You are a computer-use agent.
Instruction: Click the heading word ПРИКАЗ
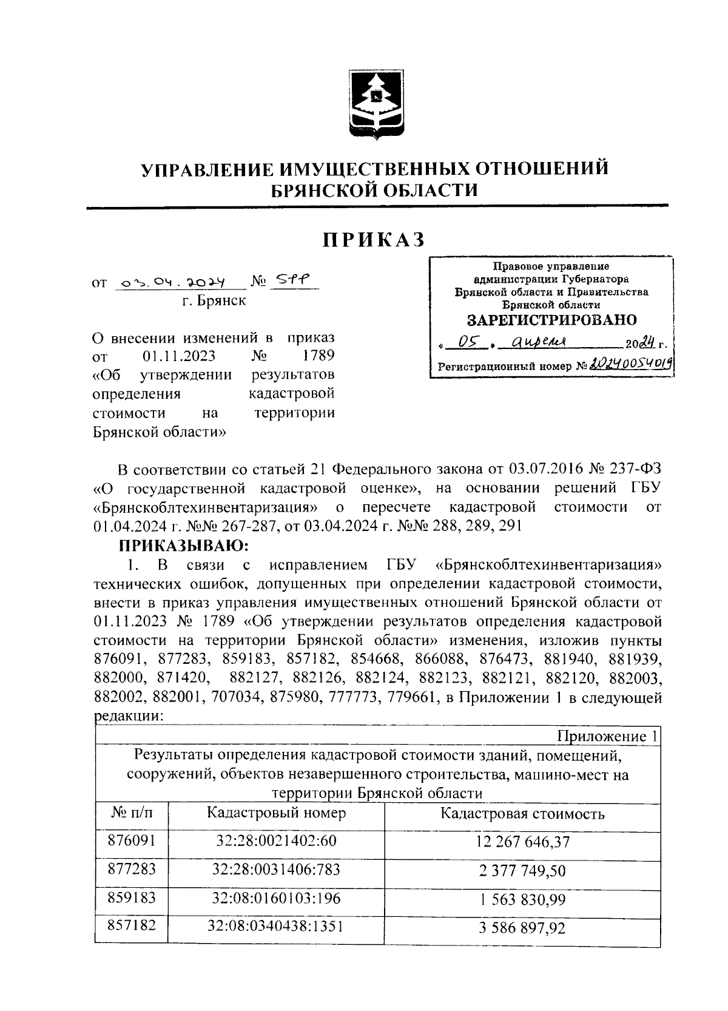pyautogui.click(x=374, y=240)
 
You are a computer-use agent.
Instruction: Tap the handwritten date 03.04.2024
pyautogui.click(x=172, y=283)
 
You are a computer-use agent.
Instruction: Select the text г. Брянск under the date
pyautogui.click(x=214, y=300)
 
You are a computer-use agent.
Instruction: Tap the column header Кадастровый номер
pyautogui.click(x=276, y=813)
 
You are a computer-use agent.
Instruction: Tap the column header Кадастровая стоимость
pyautogui.click(x=522, y=814)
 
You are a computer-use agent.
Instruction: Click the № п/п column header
pyautogui.click(x=132, y=813)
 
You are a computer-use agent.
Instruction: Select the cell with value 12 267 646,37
pyautogui.click(x=522, y=842)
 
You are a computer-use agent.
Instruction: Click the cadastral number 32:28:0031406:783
pyautogui.click(x=276, y=870)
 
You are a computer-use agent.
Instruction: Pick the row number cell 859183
pyautogui.click(x=132, y=898)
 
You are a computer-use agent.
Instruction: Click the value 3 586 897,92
pyautogui.click(x=522, y=928)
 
